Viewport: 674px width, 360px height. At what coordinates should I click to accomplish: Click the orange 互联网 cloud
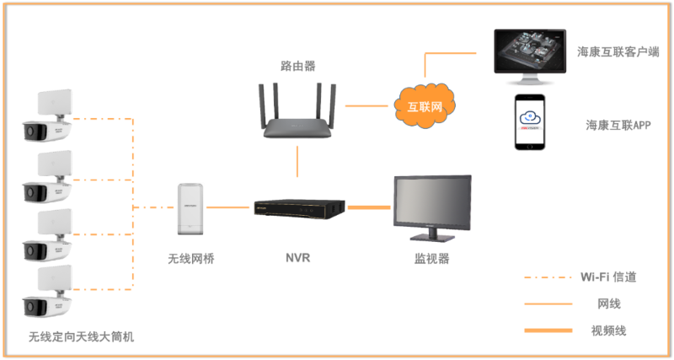(425, 106)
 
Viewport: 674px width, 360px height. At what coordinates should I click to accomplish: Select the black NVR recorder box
(300, 207)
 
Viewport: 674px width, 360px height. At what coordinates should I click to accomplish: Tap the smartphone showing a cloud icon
(530, 122)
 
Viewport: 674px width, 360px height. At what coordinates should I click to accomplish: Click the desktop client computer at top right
(530, 56)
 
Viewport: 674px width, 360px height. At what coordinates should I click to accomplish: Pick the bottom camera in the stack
(47, 291)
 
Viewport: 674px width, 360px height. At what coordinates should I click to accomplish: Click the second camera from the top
(47, 175)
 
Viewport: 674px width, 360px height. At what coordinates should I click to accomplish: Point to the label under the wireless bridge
(190, 258)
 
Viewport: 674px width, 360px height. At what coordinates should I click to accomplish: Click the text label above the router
(298, 65)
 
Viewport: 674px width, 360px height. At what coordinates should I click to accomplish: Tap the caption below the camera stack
(81, 336)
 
